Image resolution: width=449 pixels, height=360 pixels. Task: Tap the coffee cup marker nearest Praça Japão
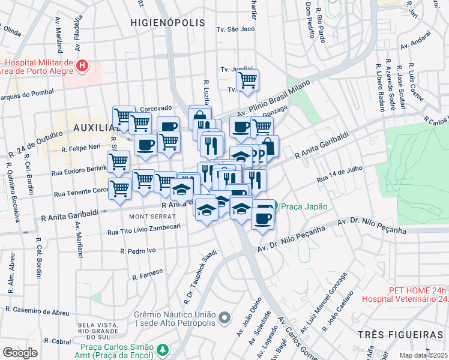(x=262, y=217)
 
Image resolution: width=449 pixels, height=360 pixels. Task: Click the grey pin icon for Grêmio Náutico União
(x=224, y=317)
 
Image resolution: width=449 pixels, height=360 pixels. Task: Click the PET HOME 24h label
(x=418, y=290)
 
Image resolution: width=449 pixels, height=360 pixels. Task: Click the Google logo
(x=20, y=353)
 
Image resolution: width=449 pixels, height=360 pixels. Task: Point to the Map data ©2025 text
(x=424, y=355)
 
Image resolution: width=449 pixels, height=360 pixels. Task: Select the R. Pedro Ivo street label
(x=138, y=250)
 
